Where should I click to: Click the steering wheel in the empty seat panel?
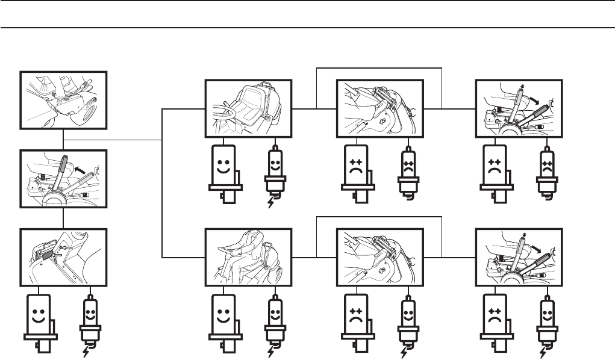pyautogui.click(x=225, y=112)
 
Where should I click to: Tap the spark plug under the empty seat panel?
pyautogui.click(x=274, y=172)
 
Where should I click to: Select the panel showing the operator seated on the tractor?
pyautogui.click(x=248, y=256)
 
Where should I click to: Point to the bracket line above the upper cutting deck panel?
pyautogui.click(x=379, y=67)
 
